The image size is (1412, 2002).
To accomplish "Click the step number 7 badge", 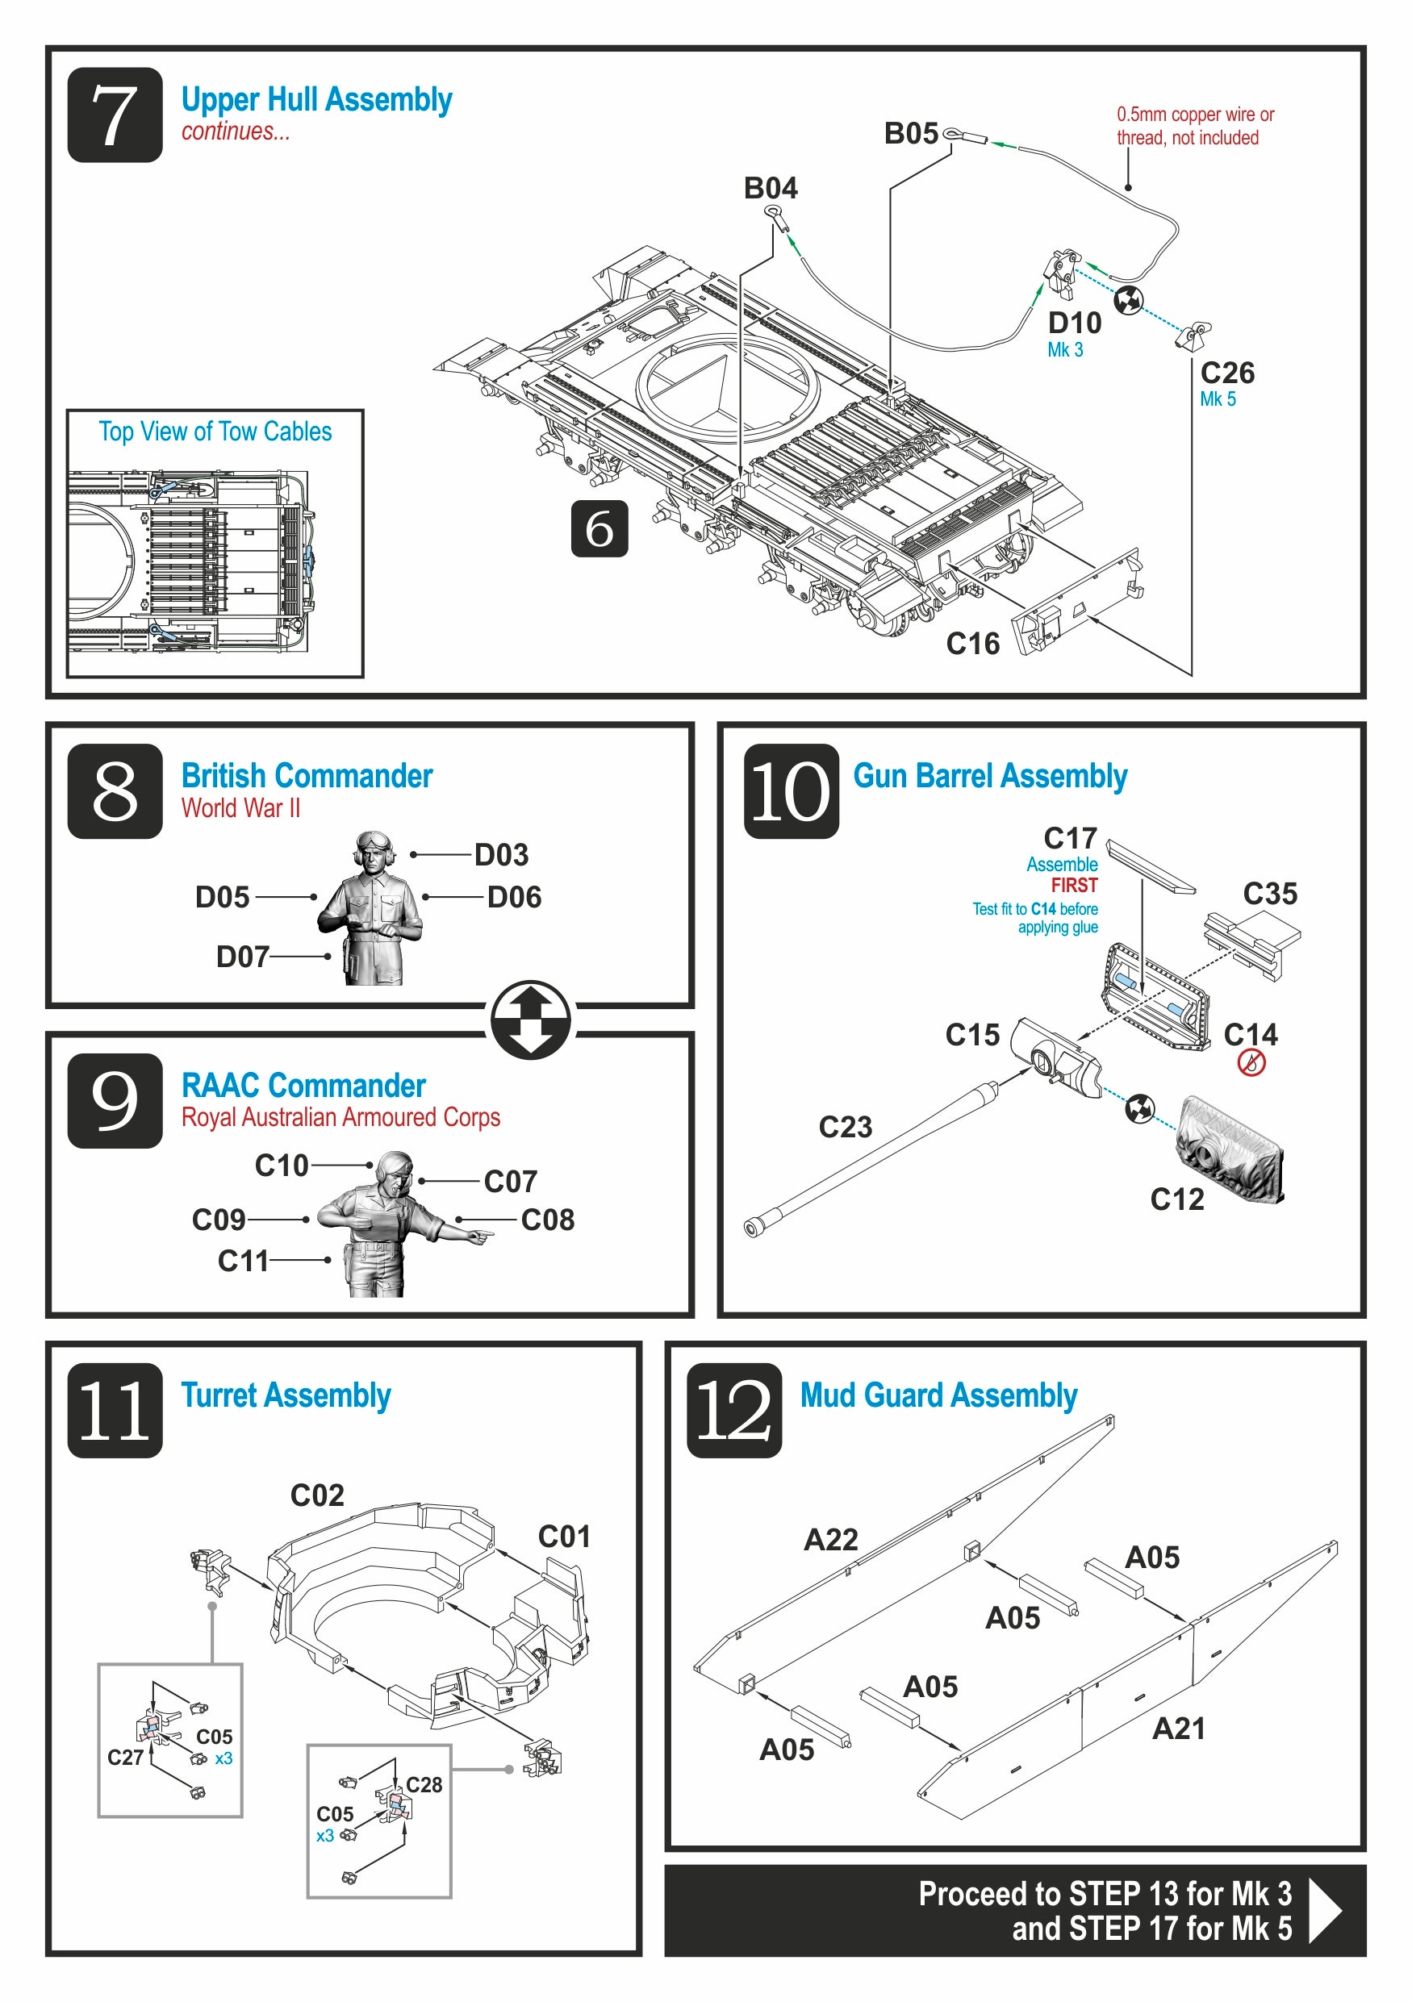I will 115,115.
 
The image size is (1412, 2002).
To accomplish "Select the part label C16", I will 972,644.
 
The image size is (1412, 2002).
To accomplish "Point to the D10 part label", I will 1075,323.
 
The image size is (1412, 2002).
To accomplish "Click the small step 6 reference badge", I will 599,528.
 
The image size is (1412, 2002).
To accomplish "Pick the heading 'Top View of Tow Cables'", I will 215,432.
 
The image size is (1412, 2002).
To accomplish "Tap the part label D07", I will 242,957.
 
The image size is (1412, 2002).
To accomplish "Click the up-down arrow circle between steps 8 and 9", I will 530,1020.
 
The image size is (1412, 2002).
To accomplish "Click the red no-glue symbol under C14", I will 1251,1063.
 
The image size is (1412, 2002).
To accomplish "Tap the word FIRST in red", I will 1074,885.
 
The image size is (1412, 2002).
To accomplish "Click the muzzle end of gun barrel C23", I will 753,1228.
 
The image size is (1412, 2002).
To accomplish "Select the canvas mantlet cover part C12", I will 1230,1152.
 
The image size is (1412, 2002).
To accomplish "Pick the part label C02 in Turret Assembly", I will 316,1495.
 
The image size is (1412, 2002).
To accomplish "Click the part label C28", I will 424,1785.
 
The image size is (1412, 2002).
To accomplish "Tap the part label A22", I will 830,1539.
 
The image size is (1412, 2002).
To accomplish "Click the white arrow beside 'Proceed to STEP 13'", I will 1325,1910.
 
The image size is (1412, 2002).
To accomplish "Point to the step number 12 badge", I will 733,1410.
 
